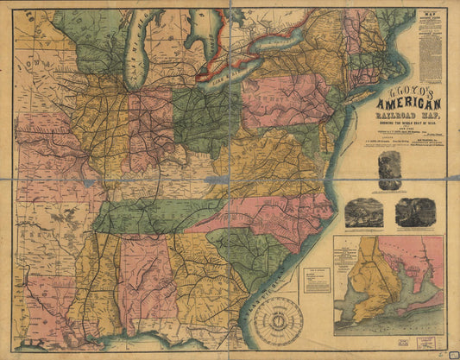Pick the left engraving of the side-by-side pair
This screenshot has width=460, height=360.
click(x=365, y=212)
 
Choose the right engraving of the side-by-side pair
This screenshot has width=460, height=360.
click(x=415, y=212)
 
